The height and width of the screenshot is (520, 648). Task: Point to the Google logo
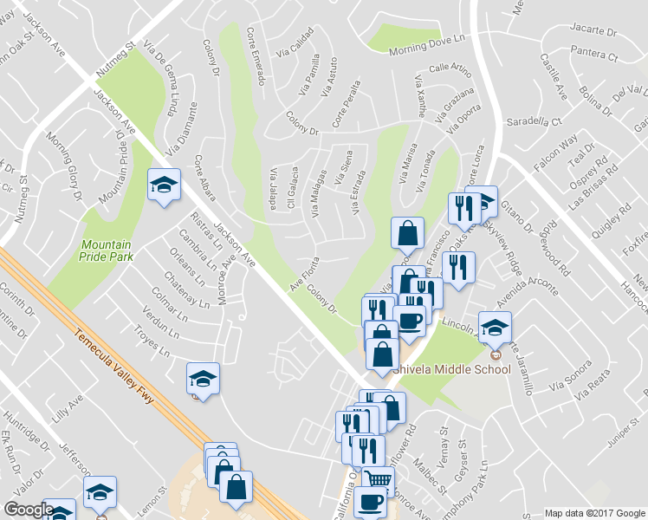tap(29, 510)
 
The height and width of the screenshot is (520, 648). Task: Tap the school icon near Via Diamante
tap(163, 185)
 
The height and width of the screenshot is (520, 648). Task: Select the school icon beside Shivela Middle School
tap(495, 328)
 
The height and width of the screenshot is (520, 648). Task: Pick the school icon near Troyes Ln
tap(203, 379)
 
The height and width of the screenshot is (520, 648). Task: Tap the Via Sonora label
tap(570, 374)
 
